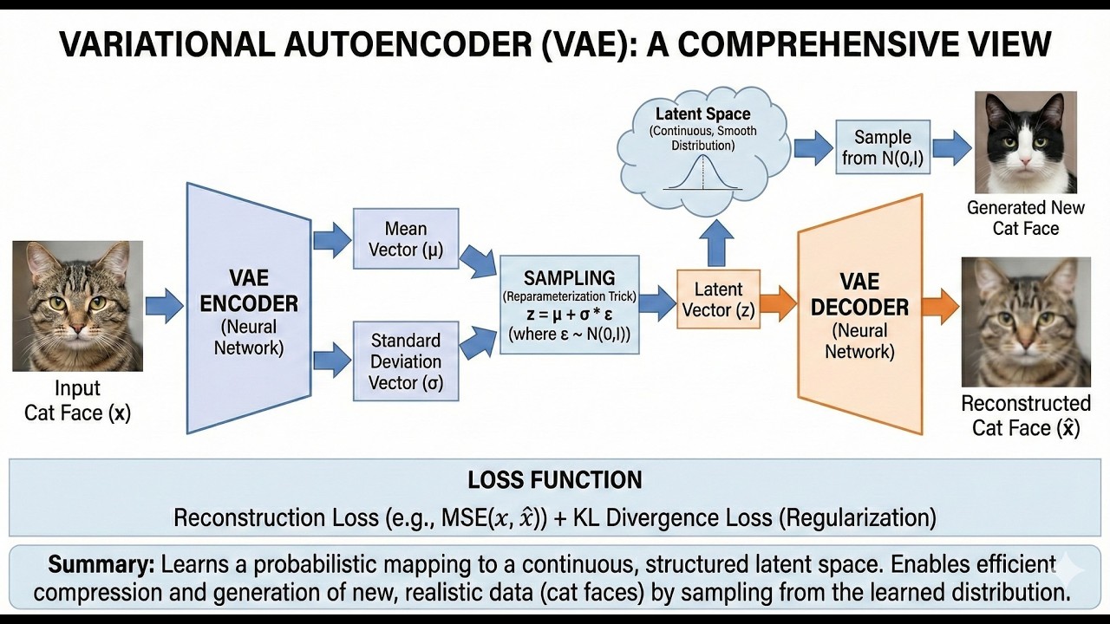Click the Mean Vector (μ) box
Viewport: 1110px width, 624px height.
coord(406,239)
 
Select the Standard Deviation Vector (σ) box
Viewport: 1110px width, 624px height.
coord(406,361)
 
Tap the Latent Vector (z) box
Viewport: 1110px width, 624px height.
coord(718,299)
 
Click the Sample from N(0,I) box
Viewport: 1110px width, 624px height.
coord(883,147)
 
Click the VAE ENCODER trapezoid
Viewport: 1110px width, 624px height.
coord(249,308)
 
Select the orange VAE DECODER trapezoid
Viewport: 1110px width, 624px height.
coord(860,316)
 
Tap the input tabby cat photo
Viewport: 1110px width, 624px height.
coord(77,305)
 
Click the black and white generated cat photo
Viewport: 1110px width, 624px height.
coord(1025,142)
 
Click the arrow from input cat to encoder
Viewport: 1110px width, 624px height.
coord(165,305)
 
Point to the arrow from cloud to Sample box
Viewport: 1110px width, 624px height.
coord(813,146)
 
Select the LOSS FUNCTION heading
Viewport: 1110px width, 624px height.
coord(555,480)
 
